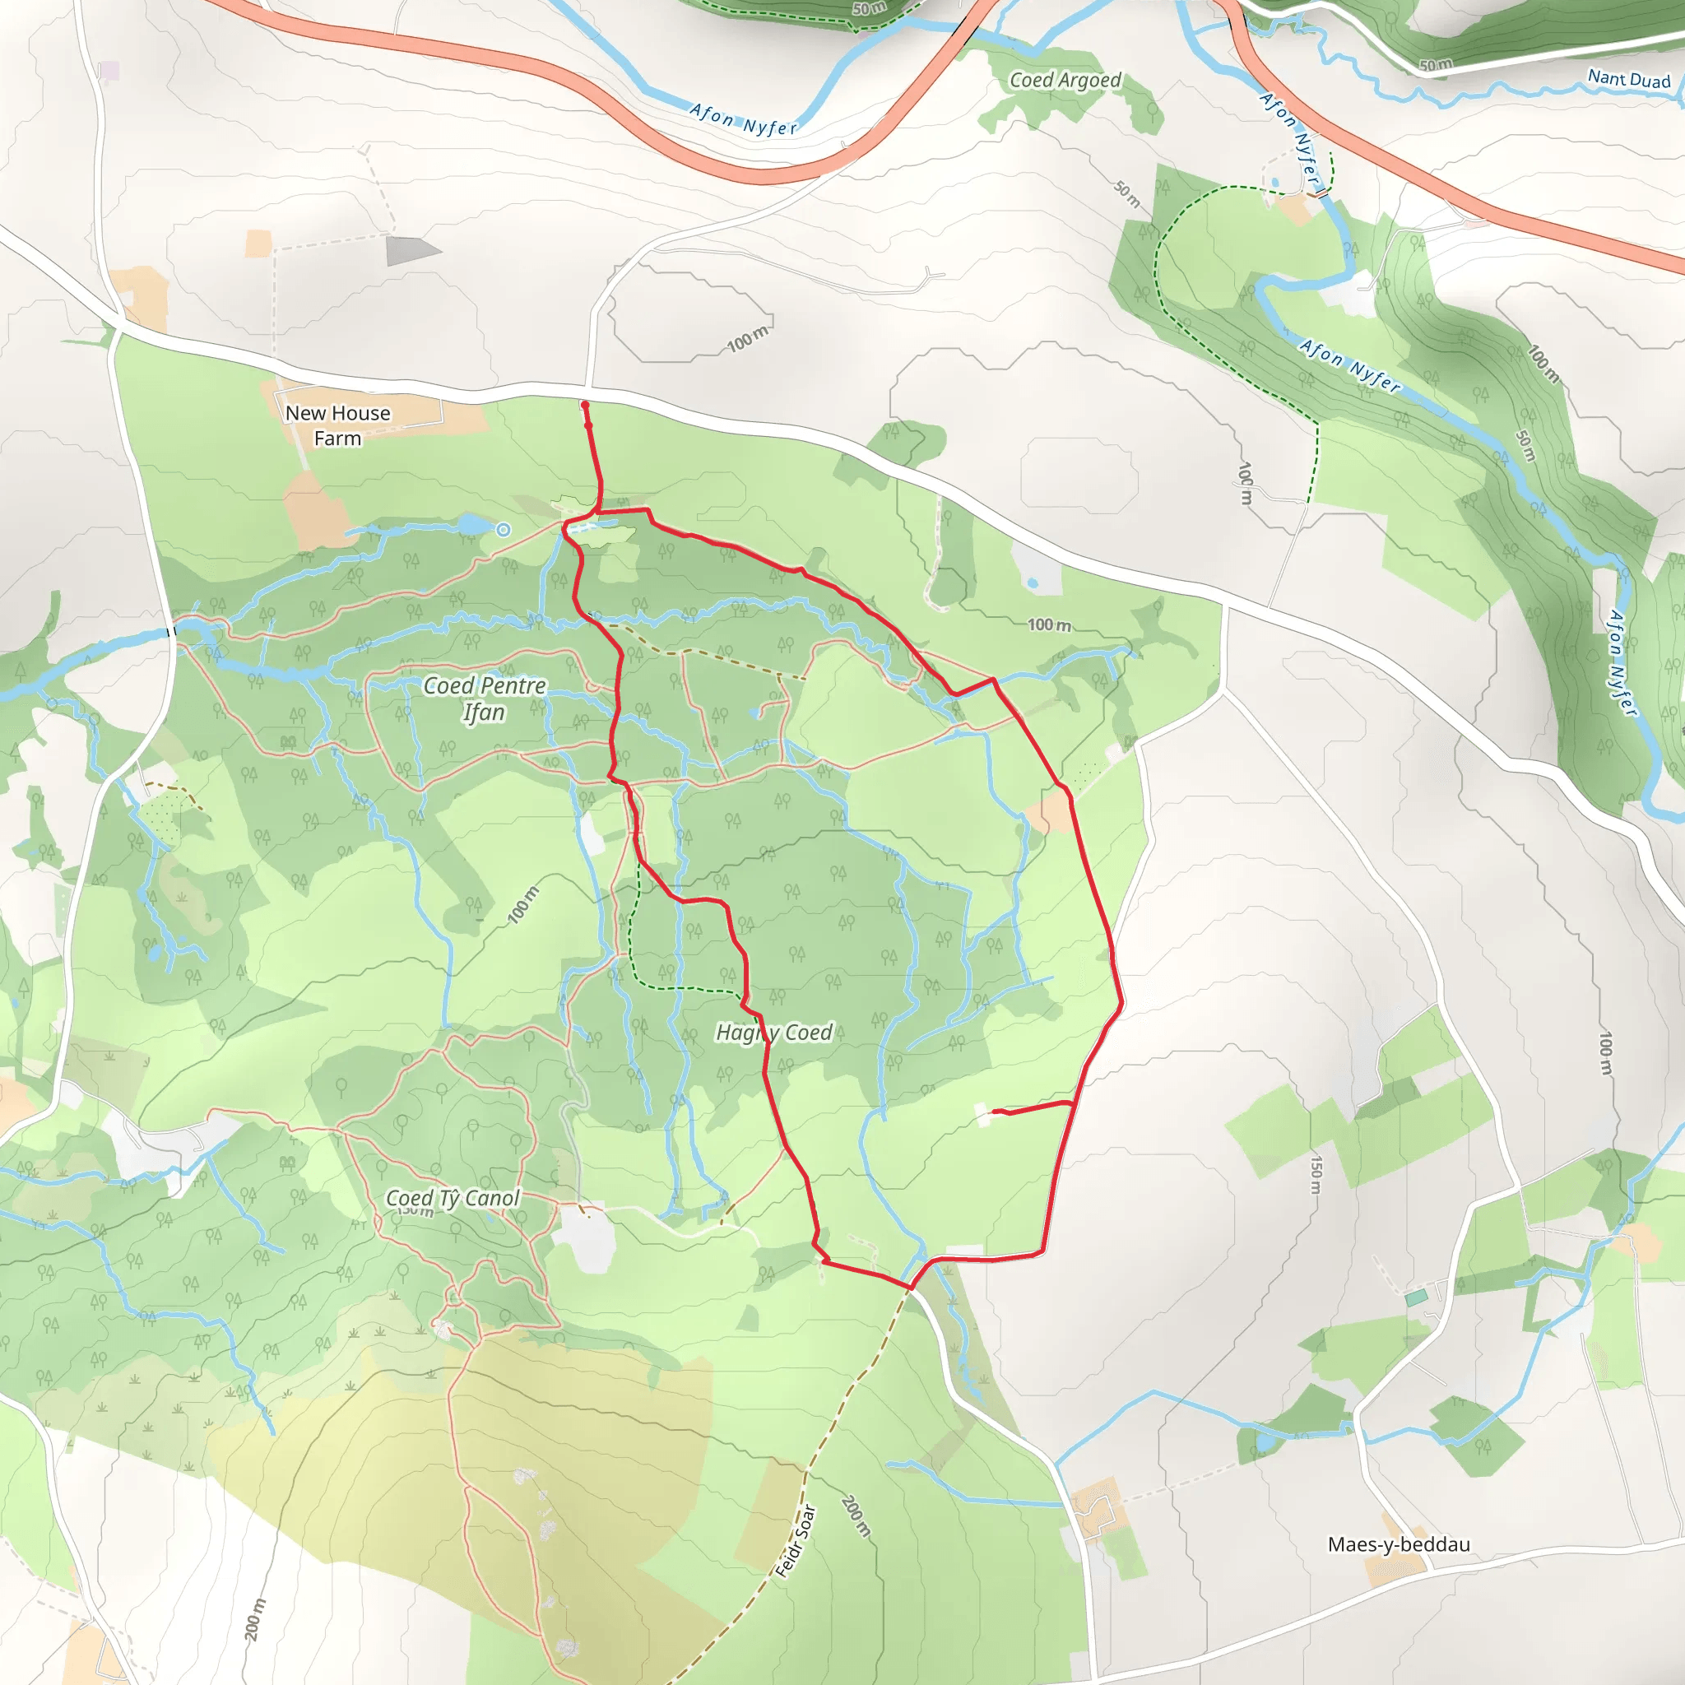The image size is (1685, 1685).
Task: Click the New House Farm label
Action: click(x=337, y=425)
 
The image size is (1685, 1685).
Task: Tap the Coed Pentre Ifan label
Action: click(x=485, y=699)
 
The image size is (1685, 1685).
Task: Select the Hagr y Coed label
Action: click(x=773, y=1033)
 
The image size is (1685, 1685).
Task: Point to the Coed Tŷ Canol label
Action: click(x=453, y=1198)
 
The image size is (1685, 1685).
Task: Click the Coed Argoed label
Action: click(x=1065, y=81)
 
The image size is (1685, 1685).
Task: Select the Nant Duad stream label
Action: click(x=1628, y=79)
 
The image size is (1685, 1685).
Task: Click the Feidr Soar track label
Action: click(x=796, y=1541)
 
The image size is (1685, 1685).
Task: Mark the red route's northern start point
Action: click(x=584, y=405)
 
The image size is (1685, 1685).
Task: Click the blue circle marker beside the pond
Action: click(x=504, y=529)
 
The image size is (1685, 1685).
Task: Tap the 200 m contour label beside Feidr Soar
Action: click(x=856, y=1516)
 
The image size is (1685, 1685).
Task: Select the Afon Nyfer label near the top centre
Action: click(x=743, y=119)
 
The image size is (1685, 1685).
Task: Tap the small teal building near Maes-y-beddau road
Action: click(x=1417, y=1297)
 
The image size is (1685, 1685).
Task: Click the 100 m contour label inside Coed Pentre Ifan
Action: click(x=523, y=904)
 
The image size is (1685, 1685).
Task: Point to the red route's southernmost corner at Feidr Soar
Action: click(x=910, y=1288)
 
